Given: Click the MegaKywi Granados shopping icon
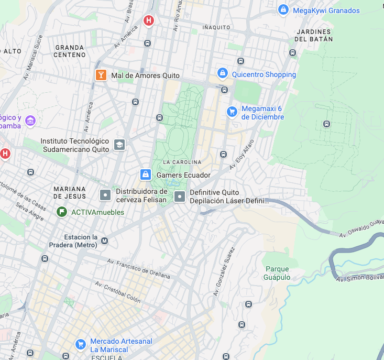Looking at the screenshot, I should pos(283,10).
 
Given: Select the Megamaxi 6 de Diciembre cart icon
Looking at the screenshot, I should pos(232,112).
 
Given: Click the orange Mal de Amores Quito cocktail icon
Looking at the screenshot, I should pos(101,75).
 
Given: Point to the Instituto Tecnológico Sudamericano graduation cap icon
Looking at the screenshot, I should pos(119,145).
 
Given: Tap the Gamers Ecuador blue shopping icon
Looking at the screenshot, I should pos(146,174).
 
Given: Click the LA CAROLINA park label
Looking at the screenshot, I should pos(182,162).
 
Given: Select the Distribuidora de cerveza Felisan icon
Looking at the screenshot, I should pos(105,195).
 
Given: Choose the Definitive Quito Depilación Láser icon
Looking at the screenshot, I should pos(180,197).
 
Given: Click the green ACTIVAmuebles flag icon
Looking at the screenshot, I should pos(62,212).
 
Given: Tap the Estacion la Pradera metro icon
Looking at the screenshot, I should pos(104,241).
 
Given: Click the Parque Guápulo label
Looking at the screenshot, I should pos(277,273).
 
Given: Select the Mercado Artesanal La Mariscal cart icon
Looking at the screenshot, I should pos(81,344).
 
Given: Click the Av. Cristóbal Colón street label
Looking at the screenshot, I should pos(118,292).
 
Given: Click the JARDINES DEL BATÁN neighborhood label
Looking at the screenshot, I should pos(313,35).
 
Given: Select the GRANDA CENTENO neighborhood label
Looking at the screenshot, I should pos(70,51).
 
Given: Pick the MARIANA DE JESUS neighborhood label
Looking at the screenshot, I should pos(70,192).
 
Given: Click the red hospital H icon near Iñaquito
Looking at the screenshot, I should pos(149,20).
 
